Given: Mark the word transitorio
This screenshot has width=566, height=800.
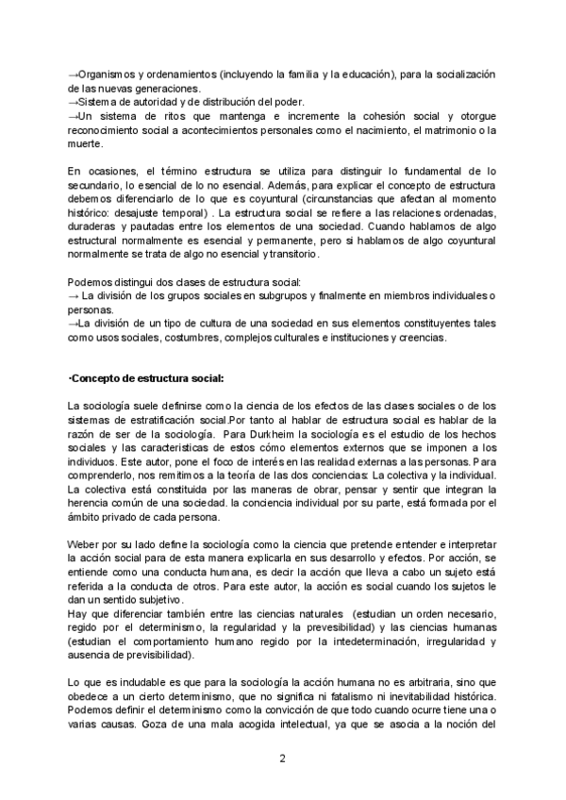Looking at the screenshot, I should (293, 255).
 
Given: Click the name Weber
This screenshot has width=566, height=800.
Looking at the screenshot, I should (84, 545).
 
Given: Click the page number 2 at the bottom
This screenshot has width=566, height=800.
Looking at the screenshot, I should (282, 758).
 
